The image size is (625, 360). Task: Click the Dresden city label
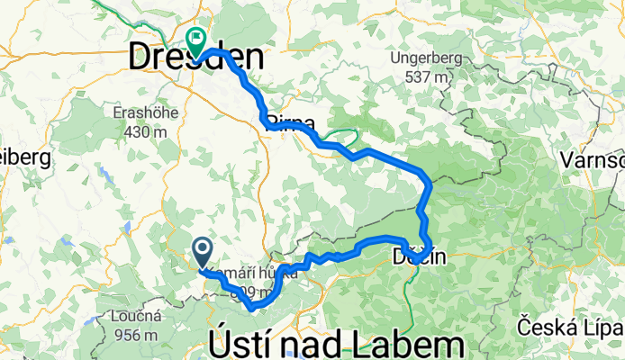point(197,59)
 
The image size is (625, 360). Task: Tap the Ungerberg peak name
point(425,59)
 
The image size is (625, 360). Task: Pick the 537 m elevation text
point(426,76)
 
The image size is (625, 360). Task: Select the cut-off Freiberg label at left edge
point(20,157)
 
